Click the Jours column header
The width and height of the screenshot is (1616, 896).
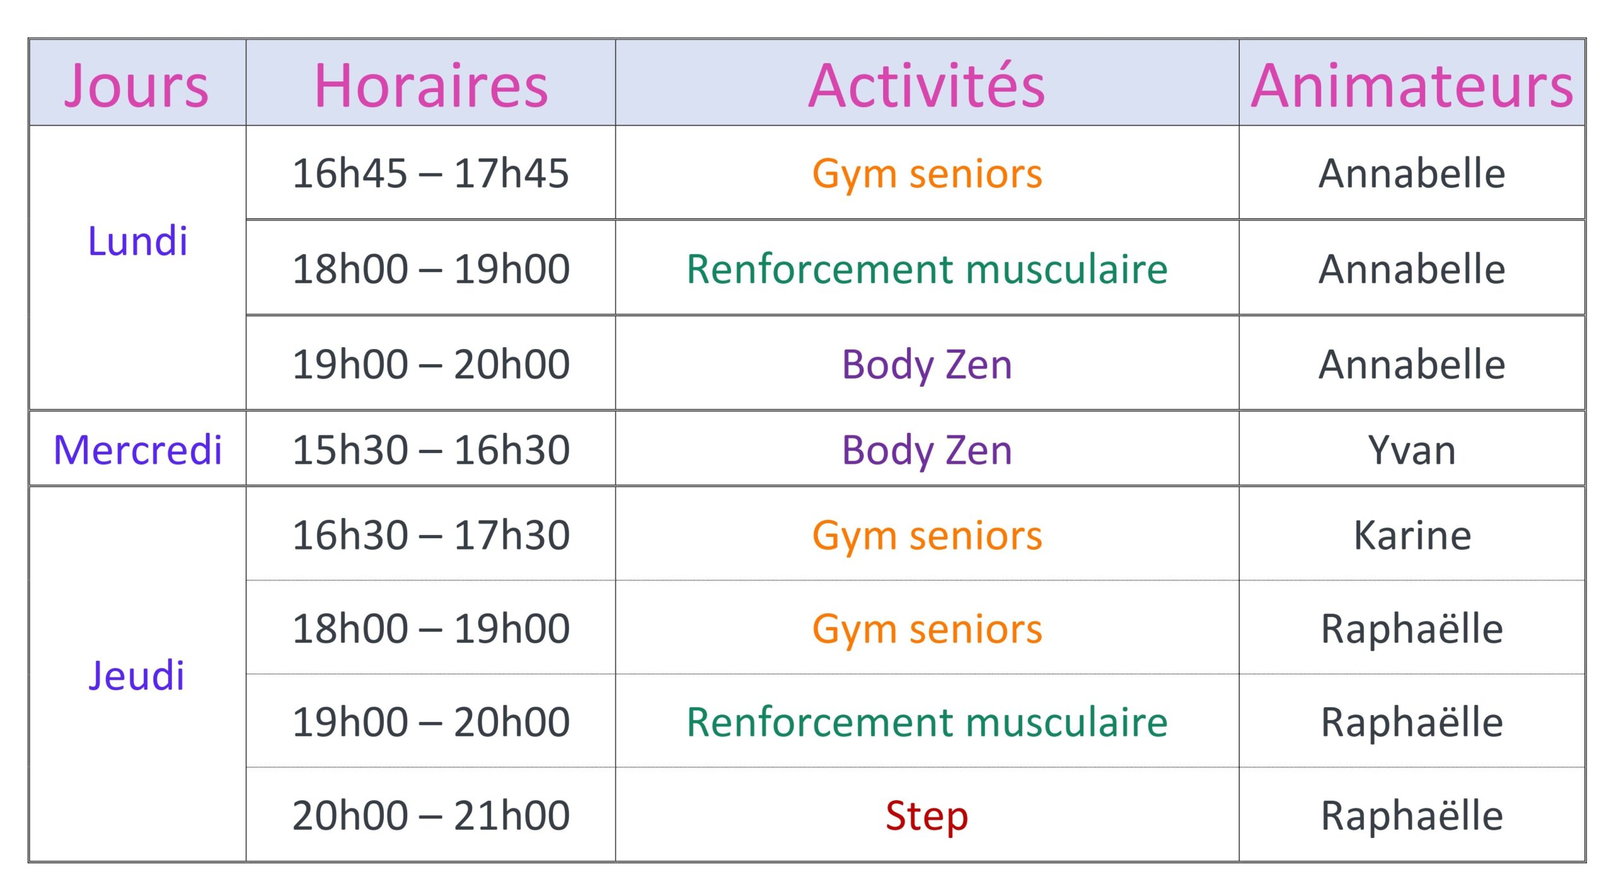pos(136,86)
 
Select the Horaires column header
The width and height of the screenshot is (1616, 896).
pos(431,86)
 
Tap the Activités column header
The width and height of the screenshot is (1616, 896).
pos(927,86)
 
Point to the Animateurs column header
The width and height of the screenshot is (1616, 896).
pos(1412,86)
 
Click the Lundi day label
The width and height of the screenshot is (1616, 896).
pos(138,241)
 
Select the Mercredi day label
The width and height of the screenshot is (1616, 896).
pos(138,450)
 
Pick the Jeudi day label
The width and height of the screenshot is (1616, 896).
pos(136,675)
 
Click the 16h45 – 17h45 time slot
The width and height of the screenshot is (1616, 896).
pos(431,174)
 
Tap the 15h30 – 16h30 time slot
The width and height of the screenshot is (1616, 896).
pos(431,450)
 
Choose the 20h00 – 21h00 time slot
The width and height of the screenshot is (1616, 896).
pos(431,815)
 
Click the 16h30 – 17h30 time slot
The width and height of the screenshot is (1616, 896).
pos(431,535)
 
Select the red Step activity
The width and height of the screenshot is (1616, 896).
pos(927,815)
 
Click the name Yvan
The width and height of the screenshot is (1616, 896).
pos(1412,450)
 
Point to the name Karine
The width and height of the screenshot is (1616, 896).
pos(1412,535)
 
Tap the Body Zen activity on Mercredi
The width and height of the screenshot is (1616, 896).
pos(927,450)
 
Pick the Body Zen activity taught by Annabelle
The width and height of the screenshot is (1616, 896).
pos(927,364)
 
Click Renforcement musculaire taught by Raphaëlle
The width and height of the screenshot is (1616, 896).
pos(927,722)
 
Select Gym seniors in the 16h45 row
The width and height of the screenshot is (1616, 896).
pos(927,174)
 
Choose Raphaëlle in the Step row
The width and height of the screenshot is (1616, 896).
pos(1412,815)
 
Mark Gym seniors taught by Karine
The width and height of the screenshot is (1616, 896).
pos(927,535)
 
